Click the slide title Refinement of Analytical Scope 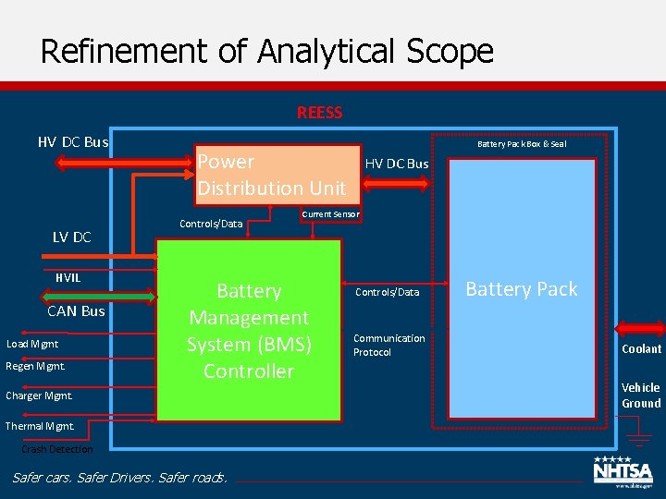click(266, 50)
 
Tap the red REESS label click(319, 113)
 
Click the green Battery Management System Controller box click(249, 331)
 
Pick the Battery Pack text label click(521, 289)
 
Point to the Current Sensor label click(330, 214)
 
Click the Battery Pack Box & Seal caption click(522, 143)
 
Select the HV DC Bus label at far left click(72, 142)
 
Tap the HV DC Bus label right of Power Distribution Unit click(397, 164)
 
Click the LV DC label click(71, 237)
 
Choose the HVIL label click(68, 277)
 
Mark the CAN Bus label click(76, 310)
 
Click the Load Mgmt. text click(32, 344)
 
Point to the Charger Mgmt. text click(38, 396)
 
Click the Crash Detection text click(56, 449)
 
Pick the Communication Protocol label click(388, 345)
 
